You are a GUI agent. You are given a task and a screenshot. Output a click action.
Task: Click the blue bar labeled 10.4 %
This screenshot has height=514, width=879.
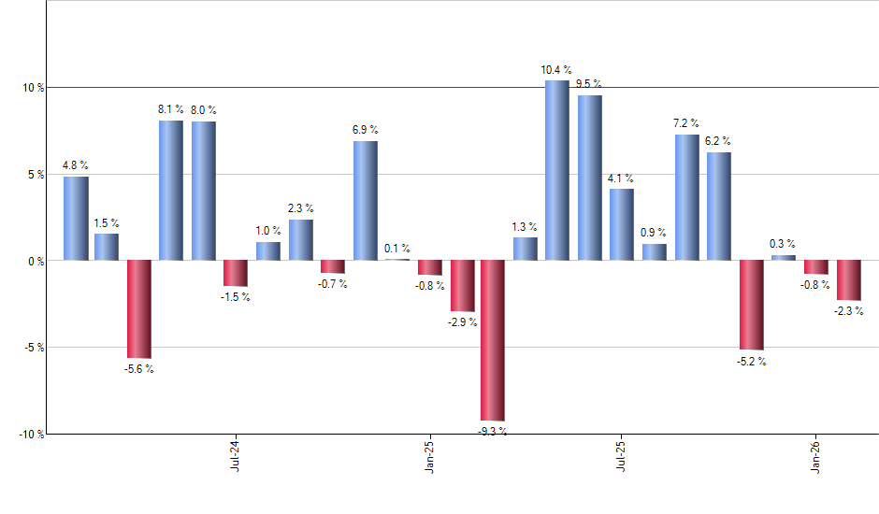pos(556,170)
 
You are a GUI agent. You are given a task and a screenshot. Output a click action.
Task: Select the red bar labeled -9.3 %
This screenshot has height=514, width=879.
pos(493,340)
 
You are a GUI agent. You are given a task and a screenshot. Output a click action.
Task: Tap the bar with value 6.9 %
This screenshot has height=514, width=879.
pos(366,200)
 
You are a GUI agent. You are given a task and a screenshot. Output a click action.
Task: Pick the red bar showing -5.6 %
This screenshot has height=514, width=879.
pos(139,308)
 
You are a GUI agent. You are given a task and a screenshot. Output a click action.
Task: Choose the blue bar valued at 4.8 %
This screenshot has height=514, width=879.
pos(76,218)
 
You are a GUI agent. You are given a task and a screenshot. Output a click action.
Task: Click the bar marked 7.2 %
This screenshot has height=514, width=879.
pos(686,197)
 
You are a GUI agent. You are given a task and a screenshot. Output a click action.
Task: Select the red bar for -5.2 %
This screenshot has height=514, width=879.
pos(751,305)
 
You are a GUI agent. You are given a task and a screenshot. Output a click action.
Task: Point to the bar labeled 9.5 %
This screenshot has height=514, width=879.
pos(589,178)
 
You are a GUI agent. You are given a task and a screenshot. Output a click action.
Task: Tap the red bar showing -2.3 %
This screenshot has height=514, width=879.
pos(848,279)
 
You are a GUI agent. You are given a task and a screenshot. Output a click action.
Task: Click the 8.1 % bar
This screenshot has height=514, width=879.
pos(170,190)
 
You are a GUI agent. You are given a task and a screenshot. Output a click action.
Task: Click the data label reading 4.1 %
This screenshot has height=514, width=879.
pos(620,178)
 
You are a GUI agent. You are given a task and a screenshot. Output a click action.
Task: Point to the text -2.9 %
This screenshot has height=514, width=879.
pos(462,322)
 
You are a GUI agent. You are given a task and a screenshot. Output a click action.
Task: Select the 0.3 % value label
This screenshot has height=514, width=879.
pos(782,244)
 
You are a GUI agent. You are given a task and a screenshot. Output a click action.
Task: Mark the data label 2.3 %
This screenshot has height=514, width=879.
pos(300,208)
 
